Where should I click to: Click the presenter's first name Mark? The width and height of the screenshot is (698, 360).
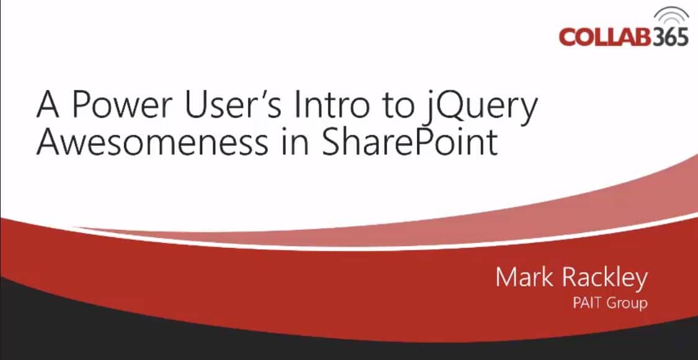(523, 278)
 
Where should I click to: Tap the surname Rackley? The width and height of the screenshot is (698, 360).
(604, 279)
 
